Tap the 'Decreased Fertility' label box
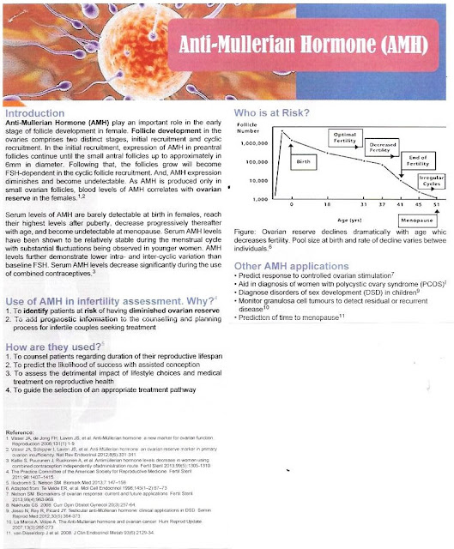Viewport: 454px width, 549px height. (380, 148)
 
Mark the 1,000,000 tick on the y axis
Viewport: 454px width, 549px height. (250, 144)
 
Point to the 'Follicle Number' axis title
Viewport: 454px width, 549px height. (245, 128)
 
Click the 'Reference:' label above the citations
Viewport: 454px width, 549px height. (23, 430)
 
